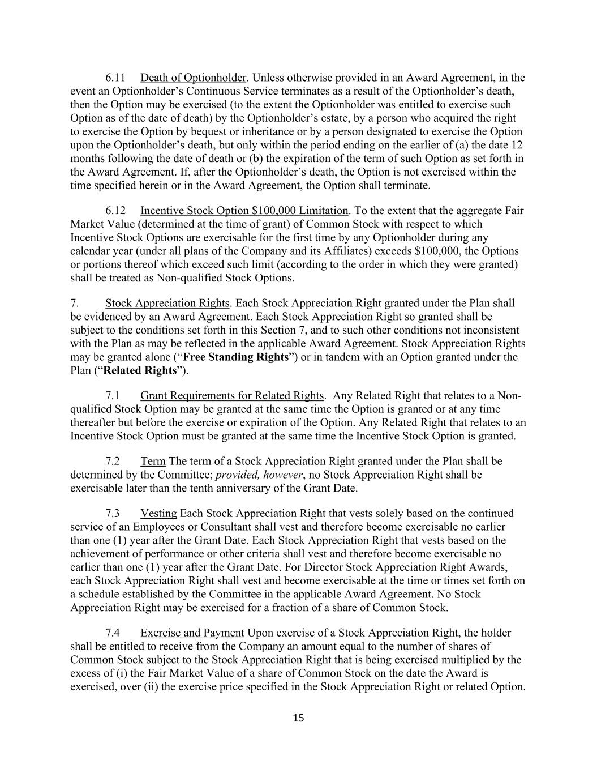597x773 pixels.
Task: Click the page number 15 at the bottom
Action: pyautogui.click(x=299, y=718)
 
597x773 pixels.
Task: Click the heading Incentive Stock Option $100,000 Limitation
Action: pyautogui.click(x=244, y=211)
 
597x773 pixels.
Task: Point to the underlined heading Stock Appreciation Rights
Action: pyautogui.click(x=167, y=304)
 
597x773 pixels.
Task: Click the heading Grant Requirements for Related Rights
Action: pyautogui.click(x=232, y=396)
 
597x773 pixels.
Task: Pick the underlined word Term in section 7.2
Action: pyautogui.click(x=153, y=462)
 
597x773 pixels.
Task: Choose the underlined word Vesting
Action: pyautogui.click(x=158, y=514)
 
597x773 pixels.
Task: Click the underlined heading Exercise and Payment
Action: pyautogui.click(x=192, y=633)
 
